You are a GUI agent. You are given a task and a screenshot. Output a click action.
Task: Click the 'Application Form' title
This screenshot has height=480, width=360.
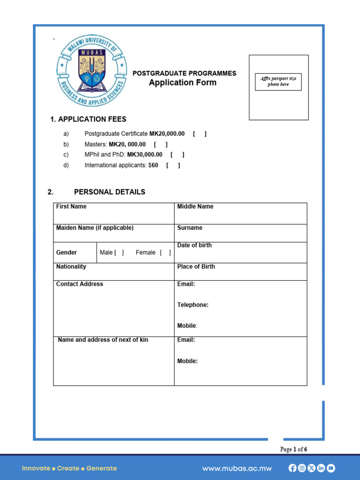click(183, 83)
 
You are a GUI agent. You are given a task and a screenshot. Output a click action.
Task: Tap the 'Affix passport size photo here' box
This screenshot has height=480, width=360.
click(278, 82)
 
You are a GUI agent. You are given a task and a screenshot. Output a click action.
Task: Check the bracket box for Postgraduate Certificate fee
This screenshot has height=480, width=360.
click(199, 134)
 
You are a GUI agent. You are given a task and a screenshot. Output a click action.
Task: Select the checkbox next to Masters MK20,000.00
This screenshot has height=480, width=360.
click(160, 144)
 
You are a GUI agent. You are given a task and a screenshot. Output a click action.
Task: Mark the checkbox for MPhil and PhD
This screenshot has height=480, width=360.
click(177, 155)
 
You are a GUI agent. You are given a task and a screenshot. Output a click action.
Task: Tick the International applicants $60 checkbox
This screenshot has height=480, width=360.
click(173, 165)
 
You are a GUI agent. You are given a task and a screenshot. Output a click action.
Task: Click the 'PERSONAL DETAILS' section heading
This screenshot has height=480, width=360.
click(109, 192)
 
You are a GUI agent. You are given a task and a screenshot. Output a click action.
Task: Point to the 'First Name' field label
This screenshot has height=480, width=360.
click(71, 207)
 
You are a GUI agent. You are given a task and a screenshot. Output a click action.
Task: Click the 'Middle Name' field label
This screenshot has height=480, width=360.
click(195, 207)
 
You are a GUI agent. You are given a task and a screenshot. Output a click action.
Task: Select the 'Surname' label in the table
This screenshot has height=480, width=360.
click(190, 228)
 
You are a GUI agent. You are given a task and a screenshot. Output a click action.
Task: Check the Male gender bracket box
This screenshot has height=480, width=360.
click(119, 253)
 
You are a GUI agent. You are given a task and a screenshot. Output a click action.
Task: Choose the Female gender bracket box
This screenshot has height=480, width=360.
click(165, 253)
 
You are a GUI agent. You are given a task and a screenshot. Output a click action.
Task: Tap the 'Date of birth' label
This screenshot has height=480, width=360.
click(194, 245)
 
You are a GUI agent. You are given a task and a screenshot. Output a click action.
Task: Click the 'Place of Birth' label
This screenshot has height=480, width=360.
click(196, 267)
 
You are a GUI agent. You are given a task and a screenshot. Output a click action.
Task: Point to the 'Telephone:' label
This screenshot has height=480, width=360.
click(193, 305)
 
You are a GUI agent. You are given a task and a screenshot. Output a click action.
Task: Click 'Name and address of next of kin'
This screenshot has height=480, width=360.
click(103, 340)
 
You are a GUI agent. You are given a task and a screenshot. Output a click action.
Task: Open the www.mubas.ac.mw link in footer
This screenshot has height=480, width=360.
click(237, 468)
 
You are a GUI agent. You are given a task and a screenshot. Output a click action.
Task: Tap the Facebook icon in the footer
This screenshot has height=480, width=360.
click(292, 468)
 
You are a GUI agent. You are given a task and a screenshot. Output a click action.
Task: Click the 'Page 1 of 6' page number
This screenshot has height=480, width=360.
click(293, 450)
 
